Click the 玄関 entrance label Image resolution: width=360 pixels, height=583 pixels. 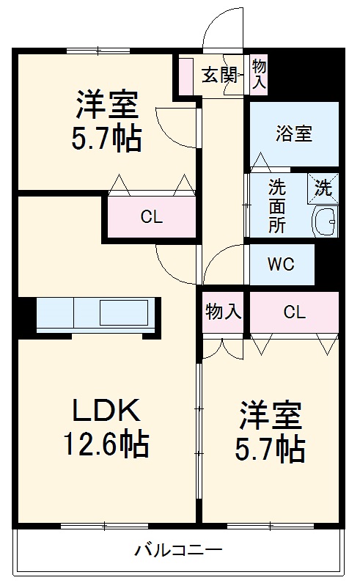218,74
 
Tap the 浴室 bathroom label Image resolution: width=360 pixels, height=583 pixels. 294,133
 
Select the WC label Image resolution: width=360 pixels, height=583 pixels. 282,264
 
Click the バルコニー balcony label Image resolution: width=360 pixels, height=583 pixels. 178,549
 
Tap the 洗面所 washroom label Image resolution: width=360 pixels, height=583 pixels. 277,206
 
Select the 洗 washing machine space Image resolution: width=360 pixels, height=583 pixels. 323,188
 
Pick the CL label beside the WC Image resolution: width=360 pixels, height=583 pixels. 294,312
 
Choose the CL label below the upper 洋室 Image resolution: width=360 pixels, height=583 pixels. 152,217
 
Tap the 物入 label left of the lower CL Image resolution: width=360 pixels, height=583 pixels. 223,312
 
